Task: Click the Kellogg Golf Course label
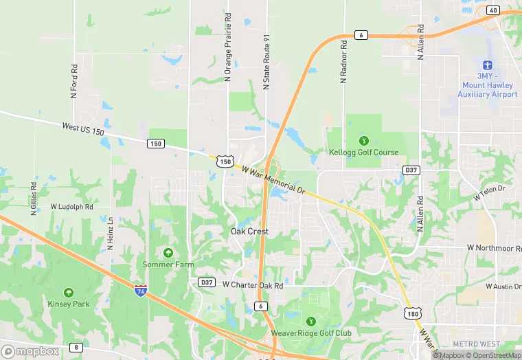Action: click(x=363, y=152)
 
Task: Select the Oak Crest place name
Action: click(x=249, y=232)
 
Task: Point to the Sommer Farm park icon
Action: click(x=168, y=254)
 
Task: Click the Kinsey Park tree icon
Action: click(x=69, y=292)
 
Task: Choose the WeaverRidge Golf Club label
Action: click(x=311, y=333)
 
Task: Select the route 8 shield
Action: click(x=76, y=347)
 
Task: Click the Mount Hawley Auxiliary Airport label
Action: click(x=487, y=85)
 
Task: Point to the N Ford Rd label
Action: click(x=74, y=81)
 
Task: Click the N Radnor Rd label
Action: click(x=344, y=63)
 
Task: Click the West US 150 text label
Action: click(x=83, y=128)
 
